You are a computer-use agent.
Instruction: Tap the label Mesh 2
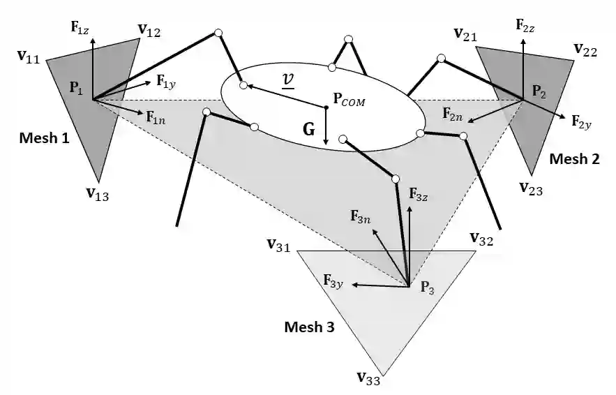click(574, 158)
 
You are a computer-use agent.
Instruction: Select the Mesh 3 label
click(309, 326)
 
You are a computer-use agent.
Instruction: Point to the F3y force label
click(334, 281)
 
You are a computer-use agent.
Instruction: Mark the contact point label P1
click(75, 88)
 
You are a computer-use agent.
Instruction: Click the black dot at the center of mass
click(326, 107)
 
